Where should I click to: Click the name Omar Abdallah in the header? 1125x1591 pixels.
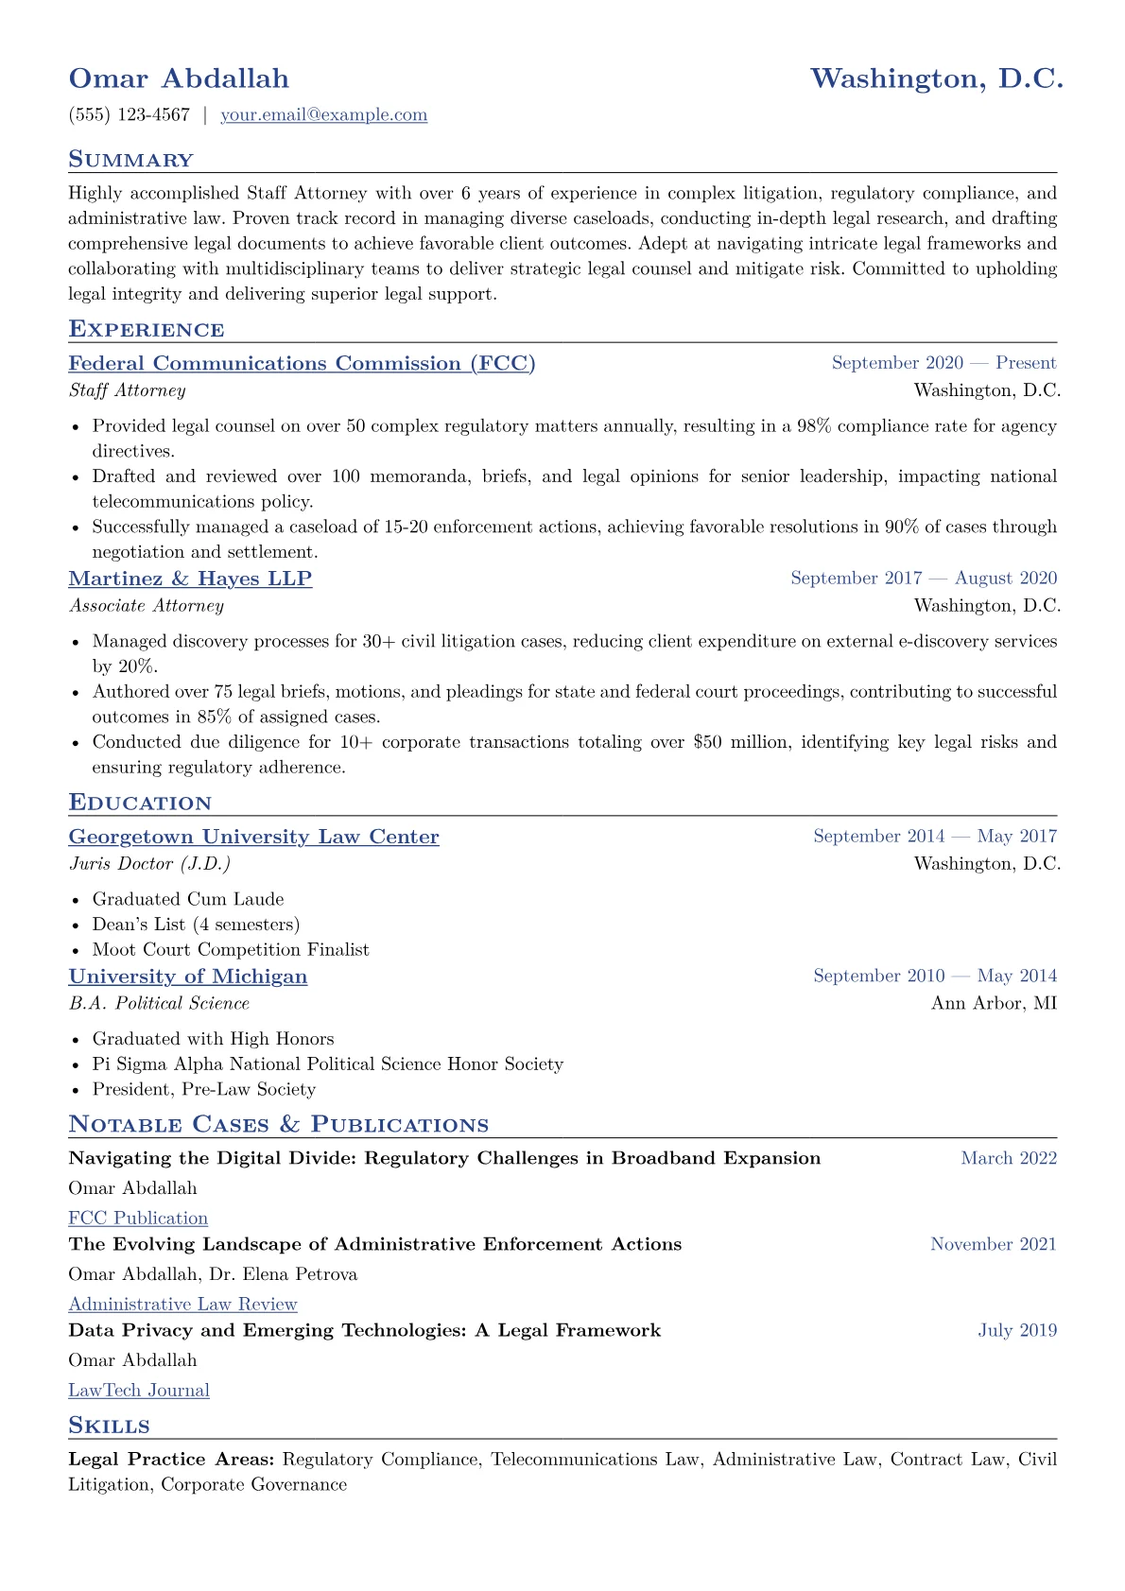(179, 78)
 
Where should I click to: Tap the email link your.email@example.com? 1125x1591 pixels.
(323, 115)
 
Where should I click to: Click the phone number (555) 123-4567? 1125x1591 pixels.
(129, 115)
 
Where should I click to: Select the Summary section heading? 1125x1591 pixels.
(130, 160)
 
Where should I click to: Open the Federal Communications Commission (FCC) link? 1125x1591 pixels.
(302, 364)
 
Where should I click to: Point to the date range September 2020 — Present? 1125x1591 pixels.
(943, 363)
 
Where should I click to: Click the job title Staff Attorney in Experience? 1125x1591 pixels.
(127, 390)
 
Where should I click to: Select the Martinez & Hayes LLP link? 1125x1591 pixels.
(190, 579)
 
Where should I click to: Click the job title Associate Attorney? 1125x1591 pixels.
(146, 606)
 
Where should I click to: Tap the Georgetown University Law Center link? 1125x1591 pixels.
(253, 837)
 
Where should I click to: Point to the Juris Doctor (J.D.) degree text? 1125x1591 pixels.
(149, 864)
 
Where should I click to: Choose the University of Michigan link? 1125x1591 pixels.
(187, 977)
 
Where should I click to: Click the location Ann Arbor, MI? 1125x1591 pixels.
(994, 1003)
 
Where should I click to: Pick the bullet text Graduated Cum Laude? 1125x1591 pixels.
(188, 900)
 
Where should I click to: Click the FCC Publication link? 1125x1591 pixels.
(138, 1219)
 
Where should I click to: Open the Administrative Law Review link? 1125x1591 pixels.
(182, 1305)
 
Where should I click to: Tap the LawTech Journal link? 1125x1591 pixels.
(139, 1391)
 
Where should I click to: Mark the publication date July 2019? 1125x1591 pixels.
(1017, 1331)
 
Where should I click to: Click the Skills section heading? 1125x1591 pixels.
(109, 1426)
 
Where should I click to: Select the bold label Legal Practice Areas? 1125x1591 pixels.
(171, 1460)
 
